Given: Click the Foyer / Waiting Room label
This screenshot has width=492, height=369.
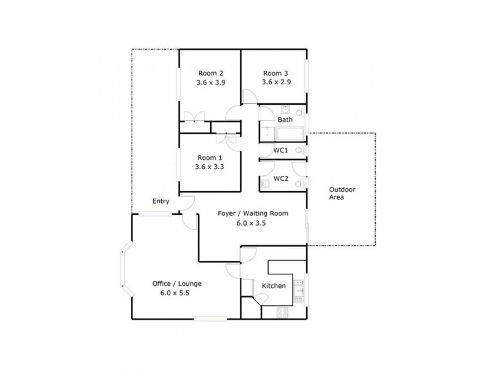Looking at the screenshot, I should point(253,213).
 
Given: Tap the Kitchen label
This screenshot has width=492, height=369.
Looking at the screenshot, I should point(273,287).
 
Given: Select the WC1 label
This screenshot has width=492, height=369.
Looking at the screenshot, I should point(281,151).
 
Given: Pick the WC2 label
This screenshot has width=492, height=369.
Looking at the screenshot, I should point(281,179).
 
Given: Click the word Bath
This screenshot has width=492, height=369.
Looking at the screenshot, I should point(285,120).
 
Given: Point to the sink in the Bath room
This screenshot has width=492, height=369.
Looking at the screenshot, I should point(285,110).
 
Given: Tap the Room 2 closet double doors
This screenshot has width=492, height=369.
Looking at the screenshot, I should point(194,117).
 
